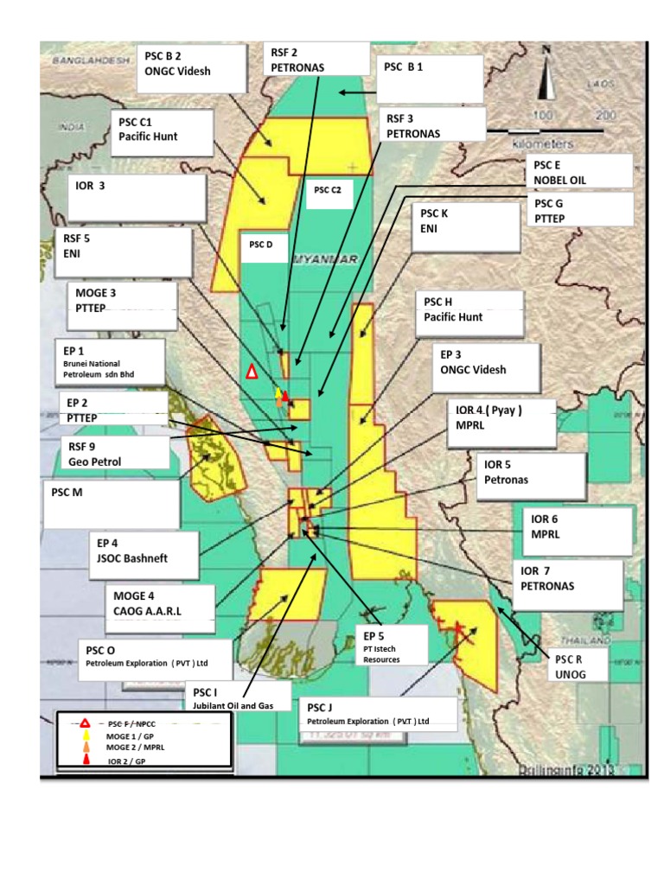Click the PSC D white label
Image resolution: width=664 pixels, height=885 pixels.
pyautogui.click(x=262, y=245)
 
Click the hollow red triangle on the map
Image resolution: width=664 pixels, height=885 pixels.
pyautogui.click(x=252, y=372)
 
